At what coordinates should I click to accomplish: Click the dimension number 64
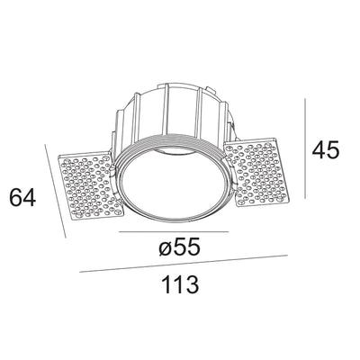tap(22, 197)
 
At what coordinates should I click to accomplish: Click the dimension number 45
tap(325, 149)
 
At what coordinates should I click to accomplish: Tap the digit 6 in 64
tap(14, 197)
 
